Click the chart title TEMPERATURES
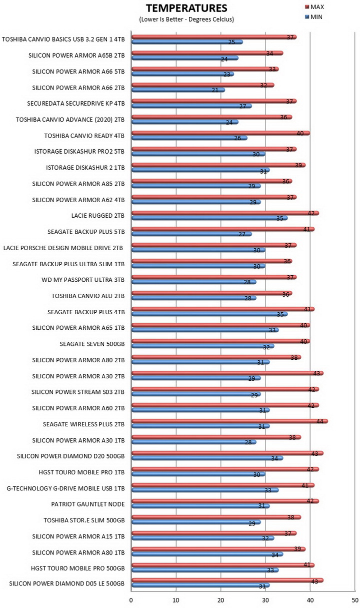(x=186, y=9)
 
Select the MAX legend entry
(x=314, y=7)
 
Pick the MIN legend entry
(x=313, y=17)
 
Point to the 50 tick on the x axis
(x=355, y=600)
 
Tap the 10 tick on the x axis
(x=176, y=600)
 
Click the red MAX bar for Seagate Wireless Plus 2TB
(x=230, y=421)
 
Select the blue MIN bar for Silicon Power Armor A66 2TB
(x=178, y=90)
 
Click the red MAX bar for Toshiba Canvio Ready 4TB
(x=221, y=133)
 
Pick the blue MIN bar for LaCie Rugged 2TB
(x=209, y=218)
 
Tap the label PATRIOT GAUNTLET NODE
(x=88, y=504)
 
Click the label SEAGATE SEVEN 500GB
(x=92, y=344)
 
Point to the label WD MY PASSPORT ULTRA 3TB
(x=83, y=280)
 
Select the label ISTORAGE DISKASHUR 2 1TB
(x=85, y=168)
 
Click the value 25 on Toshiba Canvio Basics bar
(x=231, y=42)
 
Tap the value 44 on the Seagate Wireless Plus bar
(x=320, y=421)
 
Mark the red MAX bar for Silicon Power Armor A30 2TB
(x=227, y=373)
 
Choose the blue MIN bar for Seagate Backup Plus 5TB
(x=192, y=234)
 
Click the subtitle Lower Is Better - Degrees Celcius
(x=186, y=20)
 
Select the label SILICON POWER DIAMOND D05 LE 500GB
(x=66, y=583)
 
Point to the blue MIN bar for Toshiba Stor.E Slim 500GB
(x=196, y=522)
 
